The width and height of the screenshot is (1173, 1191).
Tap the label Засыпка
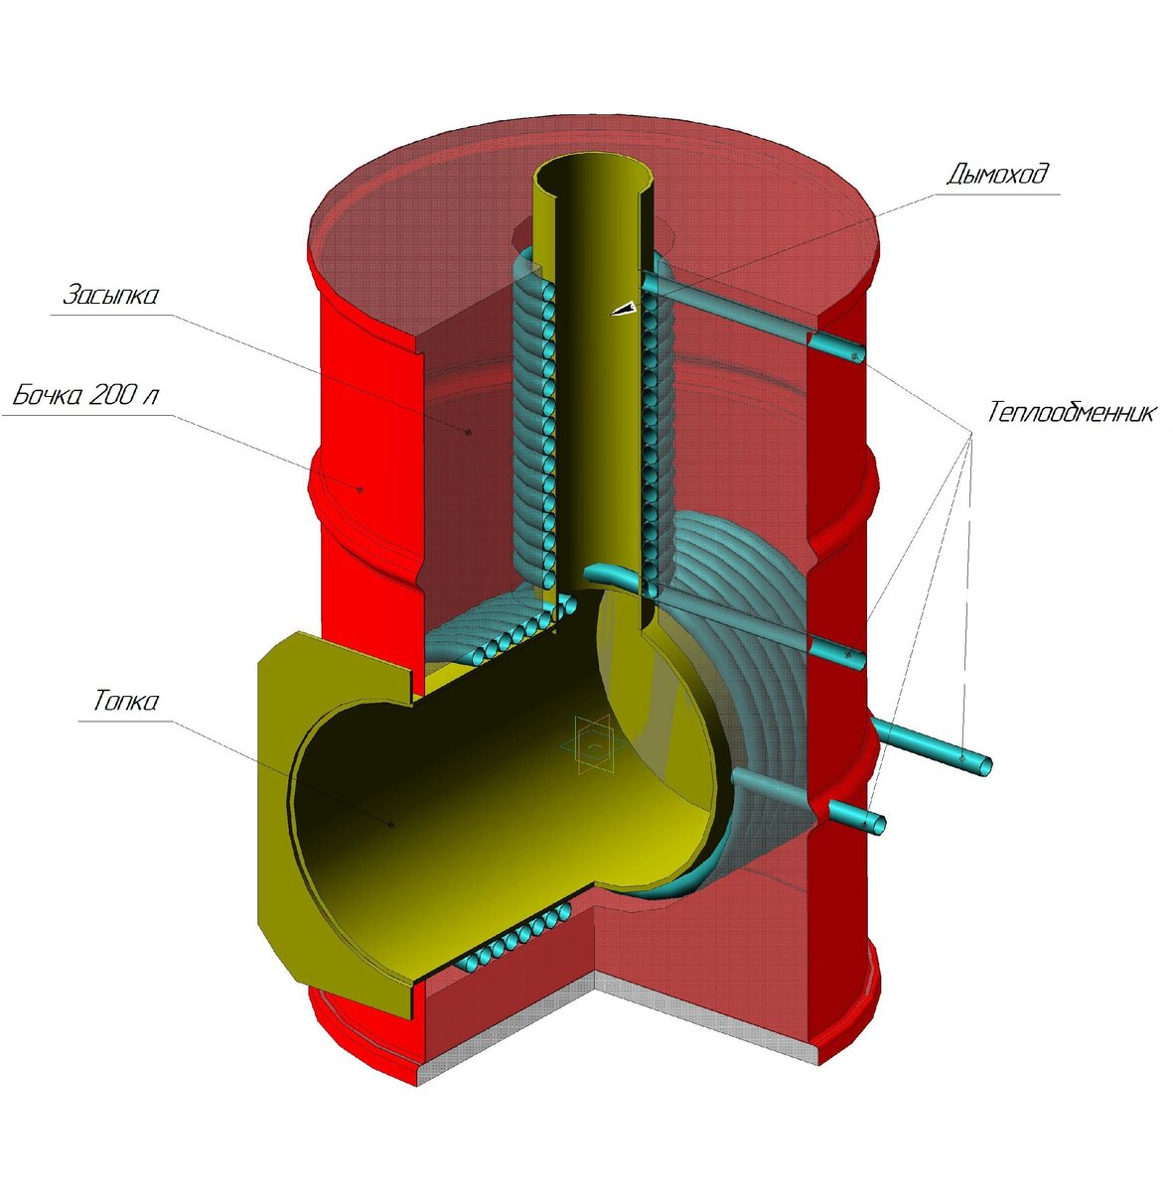(x=111, y=296)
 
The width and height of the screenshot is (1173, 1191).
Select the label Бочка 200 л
(x=85, y=396)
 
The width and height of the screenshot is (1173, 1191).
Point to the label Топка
(x=125, y=702)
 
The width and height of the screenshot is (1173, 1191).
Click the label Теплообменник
(x=1071, y=412)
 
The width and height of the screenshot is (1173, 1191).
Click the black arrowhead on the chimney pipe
(x=623, y=310)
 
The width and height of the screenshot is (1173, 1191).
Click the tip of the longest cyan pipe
(x=982, y=765)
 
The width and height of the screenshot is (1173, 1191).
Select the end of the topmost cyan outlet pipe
(x=855, y=354)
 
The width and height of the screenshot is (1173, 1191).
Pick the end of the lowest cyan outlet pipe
(x=877, y=824)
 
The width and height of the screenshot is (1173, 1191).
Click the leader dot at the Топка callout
(x=391, y=823)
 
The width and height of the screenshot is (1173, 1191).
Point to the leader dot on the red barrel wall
(x=361, y=488)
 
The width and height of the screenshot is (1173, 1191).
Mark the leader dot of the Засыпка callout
(x=467, y=431)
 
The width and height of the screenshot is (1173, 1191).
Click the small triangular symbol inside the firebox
(x=593, y=742)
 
